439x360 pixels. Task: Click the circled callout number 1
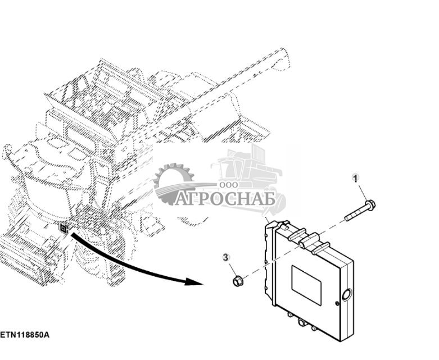pyautogui.click(x=356, y=178)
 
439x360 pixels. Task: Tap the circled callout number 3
pyautogui.click(x=226, y=257)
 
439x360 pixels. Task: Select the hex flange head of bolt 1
pyautogui.click(x=370, y=205)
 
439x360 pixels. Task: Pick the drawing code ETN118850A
pyautogui.click(x=25, y=335)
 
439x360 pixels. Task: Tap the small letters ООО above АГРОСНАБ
pyautogui.click(x=229, y=185)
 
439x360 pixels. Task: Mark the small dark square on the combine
pyautogui.click(x=64, y=229)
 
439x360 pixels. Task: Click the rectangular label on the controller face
pyautogui.click(x=306, y=285)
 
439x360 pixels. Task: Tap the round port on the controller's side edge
pyautogui.click(x=347, y=295)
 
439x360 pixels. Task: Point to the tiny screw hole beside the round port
pyautogui.click(x=337, y=303)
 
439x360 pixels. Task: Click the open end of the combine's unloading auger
pyautogui.click(x=282, y=60)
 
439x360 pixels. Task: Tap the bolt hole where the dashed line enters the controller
pyautogui.click(x=300, y=245)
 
